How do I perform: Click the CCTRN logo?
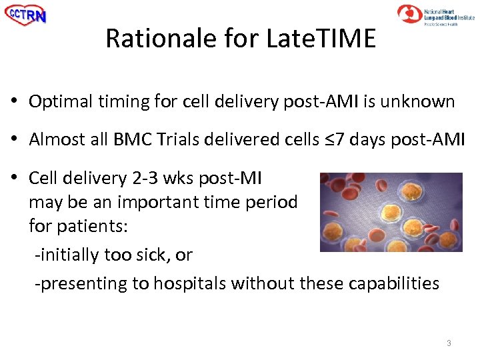(x=26, y=14)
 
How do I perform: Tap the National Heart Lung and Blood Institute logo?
(x=436, y=14)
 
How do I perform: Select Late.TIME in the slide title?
(x=321, y=39)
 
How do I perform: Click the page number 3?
(x=449, y=343)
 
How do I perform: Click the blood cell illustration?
(x=391, y=212)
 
